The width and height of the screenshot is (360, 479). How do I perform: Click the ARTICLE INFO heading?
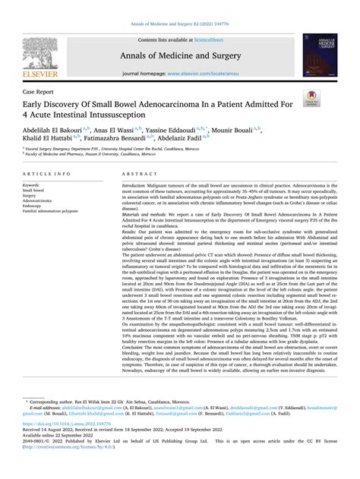click(x=44, y=174)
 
